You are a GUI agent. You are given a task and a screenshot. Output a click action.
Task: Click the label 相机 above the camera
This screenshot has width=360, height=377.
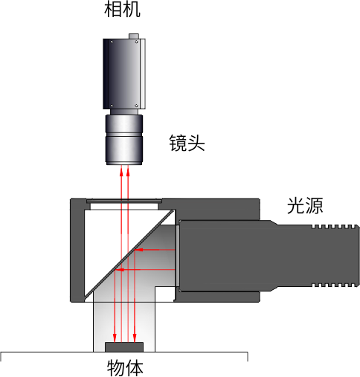point(122,10)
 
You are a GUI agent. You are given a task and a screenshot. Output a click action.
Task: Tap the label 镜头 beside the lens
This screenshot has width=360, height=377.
point(187,144)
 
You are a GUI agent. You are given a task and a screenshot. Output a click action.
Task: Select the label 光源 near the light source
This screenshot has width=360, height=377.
point(305,205)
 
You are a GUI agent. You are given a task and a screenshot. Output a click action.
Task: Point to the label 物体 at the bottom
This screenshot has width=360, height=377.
point(125,368)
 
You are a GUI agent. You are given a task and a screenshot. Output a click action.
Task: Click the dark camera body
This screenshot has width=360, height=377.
point(124,74)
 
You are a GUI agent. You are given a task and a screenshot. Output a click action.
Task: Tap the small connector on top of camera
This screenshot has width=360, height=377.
point(134,36)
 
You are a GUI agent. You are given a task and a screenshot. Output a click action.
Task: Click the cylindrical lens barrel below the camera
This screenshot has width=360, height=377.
point(124,140)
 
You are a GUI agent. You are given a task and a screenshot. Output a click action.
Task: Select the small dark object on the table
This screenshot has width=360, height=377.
point(124,347)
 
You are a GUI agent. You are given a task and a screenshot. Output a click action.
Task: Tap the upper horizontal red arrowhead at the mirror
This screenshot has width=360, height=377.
point(139,250)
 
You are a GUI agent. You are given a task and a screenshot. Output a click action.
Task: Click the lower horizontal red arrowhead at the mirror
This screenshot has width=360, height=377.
point(120,270)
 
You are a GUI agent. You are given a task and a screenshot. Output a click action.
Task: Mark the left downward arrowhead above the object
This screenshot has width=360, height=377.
point(115,338)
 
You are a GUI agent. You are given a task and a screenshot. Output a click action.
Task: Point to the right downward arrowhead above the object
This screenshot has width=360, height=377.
point(135,338)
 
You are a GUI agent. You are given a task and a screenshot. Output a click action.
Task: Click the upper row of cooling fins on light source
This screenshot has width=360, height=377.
point(335,226)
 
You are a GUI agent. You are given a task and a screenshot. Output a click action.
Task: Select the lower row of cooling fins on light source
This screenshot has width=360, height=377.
point(335,285)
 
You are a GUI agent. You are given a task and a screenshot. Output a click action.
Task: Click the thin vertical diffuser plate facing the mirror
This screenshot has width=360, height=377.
point(177,256)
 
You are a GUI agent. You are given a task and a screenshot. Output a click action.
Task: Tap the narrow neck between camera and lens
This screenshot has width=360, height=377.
point(124,112)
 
